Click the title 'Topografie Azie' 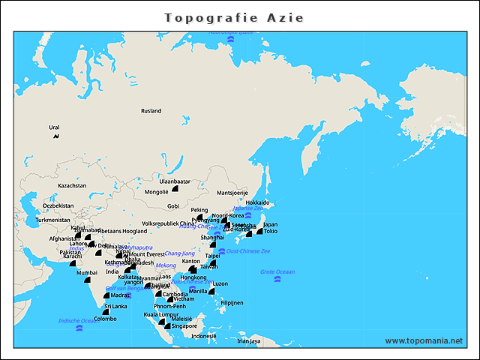coord(234,17)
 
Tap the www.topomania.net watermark coord(424,340)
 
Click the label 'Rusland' coord(151,111)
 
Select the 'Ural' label coord(54,127)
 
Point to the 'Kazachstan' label coord(72,185)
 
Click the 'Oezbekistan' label coord(58,205)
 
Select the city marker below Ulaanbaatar coord(175,191)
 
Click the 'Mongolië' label coord(156,192)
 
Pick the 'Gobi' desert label coord(173,205)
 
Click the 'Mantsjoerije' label coord(232,193)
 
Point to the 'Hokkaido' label coord(257,202)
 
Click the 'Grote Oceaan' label coord(277,271)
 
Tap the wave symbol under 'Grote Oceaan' coord(277,280)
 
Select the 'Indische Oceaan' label coord(76,321)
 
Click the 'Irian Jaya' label coord(248,340)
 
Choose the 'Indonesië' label coord(204,336)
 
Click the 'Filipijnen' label coord(232,303)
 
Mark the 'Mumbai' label coord(87,273)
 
